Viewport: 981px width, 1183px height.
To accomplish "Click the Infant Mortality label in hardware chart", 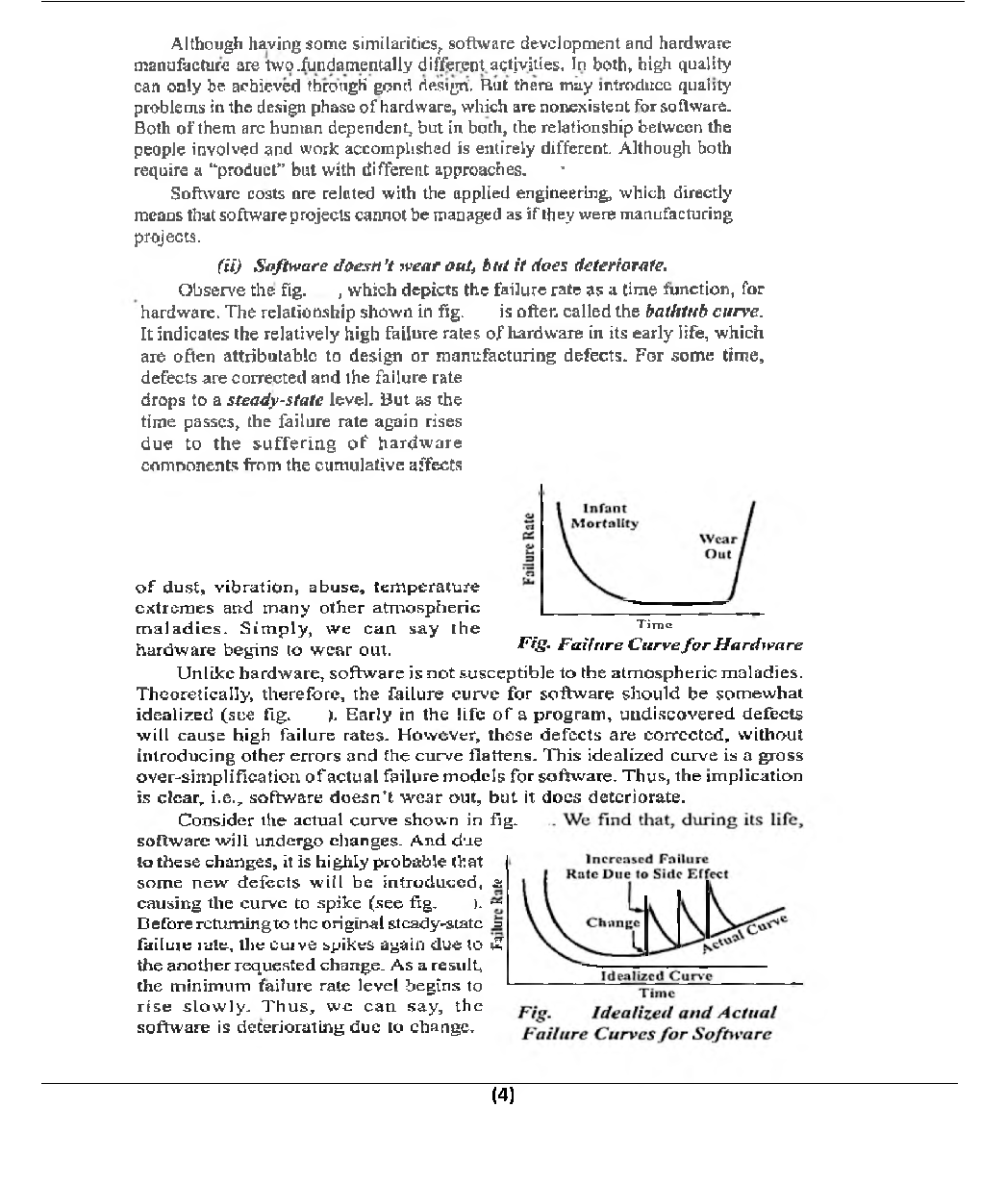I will click(604, 516).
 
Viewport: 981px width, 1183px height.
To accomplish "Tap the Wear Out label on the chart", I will click(717, 546).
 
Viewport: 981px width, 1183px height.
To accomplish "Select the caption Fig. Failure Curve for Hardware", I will click(659, 644).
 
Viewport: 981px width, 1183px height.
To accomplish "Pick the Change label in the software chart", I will click(612, 922).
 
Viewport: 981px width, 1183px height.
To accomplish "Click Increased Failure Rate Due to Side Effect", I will click(646, 867).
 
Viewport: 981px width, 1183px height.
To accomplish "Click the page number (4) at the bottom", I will click(502, 1095).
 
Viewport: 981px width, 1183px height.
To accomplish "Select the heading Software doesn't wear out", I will click(442, 264).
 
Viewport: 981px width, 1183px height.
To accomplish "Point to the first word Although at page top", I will click(202, 44).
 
